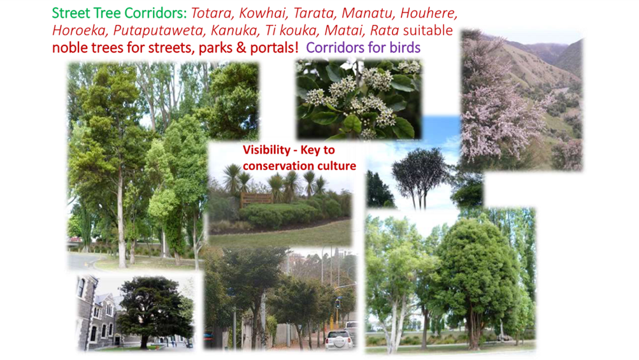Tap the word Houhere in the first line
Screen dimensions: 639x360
pyautogui.click(x=429, y=13)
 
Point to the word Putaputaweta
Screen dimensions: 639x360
pyautogui.click(x=158, y=31)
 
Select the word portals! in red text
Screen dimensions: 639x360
pyautogui.click(x=274, y=48)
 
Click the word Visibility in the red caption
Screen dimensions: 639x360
pyautogui.click(x=266, y=150)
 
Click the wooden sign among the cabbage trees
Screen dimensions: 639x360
pyautogui.click(x=256, y=199)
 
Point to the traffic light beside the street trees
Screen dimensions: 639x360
pyautogui.click(x=338, y=303)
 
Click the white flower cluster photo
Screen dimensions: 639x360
pyautogui.click(x=359, y=99)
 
